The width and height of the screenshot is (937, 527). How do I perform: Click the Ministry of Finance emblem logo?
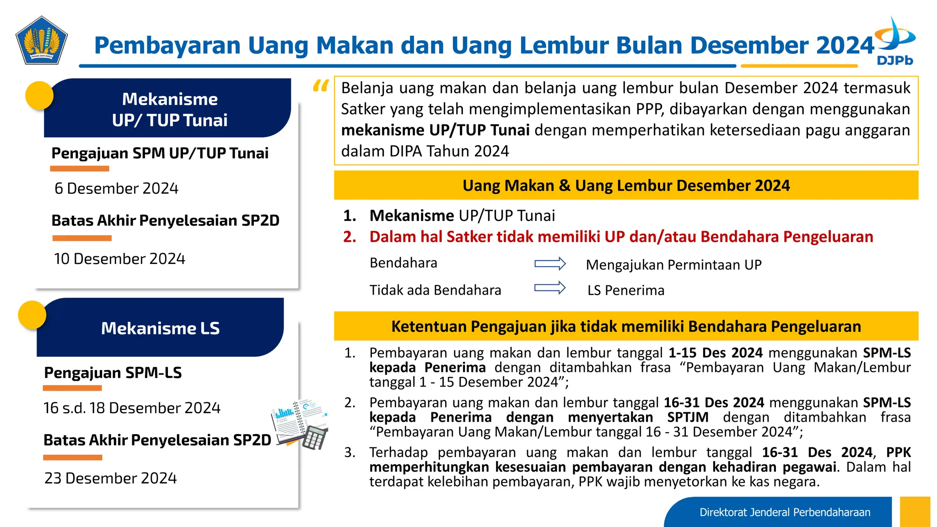42,40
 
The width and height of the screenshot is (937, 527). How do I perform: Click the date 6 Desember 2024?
116,188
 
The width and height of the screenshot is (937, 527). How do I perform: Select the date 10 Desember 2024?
119,259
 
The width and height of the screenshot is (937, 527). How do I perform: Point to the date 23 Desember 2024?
110,478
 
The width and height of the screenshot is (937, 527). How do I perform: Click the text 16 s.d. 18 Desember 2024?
132,408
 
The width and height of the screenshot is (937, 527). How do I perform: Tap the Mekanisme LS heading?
160,328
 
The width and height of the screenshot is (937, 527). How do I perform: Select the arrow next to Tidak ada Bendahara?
550,288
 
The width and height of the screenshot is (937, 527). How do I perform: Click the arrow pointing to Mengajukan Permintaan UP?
550,264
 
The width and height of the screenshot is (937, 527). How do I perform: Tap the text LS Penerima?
625,290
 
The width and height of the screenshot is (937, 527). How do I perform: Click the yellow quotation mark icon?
321,86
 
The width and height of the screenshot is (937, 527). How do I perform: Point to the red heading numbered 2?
621,237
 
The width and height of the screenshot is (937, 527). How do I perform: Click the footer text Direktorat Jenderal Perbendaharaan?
785,512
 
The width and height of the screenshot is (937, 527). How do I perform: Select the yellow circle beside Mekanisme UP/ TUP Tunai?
39,95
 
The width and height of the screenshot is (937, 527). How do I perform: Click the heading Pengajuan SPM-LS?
113,373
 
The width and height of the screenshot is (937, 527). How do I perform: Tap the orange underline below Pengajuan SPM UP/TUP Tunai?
80,169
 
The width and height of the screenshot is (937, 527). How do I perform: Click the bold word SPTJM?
688,417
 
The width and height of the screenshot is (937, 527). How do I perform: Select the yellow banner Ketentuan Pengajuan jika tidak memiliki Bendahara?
626,326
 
